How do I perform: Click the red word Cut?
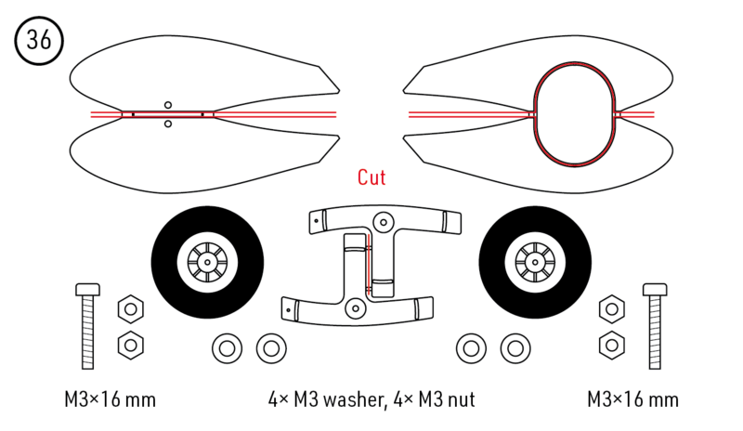(x=371, y=176)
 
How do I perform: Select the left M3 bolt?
(x=87, y=324)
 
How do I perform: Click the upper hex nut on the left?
(x=130, y=309)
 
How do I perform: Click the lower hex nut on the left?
(x=130, y=345)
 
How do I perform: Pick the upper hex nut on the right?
(x=611, y=309)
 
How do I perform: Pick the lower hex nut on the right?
(x=611, y=345)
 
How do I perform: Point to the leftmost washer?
(x=227, y=348)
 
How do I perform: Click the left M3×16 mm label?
(x=110, y=400)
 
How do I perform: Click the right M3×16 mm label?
(x=632, y=400)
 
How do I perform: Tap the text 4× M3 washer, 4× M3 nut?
(x=371, y=400)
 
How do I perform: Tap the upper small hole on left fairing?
(x=168, y=105)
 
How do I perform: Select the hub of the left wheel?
(x=206, y=262)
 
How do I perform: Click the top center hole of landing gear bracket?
(x=382, y=221)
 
